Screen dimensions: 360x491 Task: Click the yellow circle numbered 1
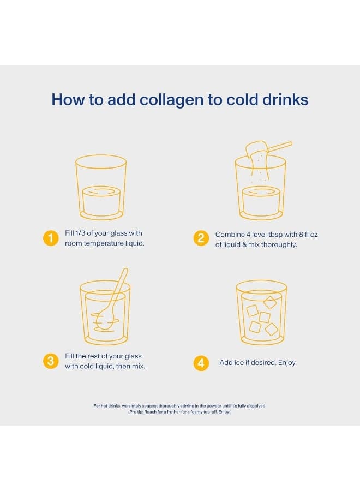point(51,238)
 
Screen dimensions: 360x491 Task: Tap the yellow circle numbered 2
point(201,238)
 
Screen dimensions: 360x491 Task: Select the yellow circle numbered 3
point(51,361)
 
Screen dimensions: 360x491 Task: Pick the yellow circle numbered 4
point(201,363)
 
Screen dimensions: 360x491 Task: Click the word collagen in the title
point(172,100)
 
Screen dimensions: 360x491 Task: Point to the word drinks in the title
point(285,100)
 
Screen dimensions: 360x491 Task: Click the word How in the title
point(68,100)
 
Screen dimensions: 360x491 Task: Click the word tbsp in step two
point(275,235)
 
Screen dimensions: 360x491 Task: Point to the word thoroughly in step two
point(279,244)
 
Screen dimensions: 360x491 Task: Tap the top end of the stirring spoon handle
point(125,270)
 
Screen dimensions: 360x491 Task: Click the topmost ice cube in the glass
point(270,302)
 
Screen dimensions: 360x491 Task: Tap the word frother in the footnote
point(173,412)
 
